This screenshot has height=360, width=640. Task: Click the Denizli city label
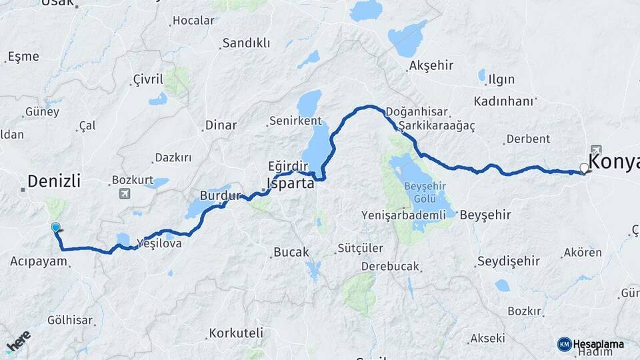point(54,181)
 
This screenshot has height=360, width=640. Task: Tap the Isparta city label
point(290,183)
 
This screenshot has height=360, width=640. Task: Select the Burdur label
point(220,196)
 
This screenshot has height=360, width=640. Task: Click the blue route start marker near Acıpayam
point(55,228)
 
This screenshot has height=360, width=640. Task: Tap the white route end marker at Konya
point(585,168)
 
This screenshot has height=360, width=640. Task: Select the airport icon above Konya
point(595,151)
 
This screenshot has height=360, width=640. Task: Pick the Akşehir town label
point(431,65)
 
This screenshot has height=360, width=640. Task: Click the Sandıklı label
point(246,43)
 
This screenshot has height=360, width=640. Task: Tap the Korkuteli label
point(236,333)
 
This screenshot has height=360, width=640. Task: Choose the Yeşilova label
point(159,244)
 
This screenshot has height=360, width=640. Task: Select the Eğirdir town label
point(288,166)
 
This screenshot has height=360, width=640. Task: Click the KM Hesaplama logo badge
point(591,344)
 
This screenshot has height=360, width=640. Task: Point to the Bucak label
point(291,253)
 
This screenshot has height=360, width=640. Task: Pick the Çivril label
point(147,80)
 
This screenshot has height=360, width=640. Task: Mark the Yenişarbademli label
point(403,215)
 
